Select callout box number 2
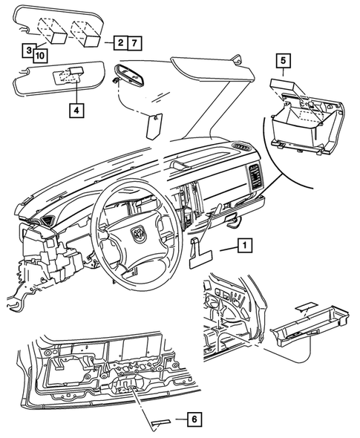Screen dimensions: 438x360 120,44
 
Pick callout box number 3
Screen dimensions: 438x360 27,50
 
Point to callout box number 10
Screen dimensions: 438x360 40,54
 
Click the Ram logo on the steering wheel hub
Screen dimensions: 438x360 139,234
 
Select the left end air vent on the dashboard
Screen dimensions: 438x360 47,220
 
